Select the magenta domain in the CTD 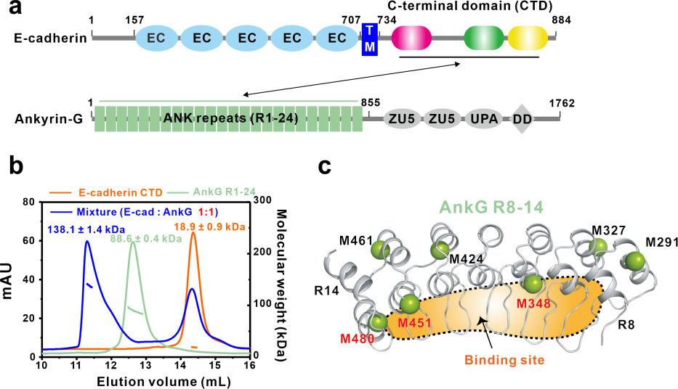pos(411,38)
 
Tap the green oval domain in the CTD pos(484,38)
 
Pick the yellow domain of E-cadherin pos(528,38)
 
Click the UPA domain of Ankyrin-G pos(484,118)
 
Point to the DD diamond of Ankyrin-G pos(522,119)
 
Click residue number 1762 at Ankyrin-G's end pos(562,104)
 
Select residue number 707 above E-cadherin pos(351,20)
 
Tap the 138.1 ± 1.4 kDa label pos(86,229)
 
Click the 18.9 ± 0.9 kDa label pos(209,226)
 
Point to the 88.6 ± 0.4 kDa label pos(146,238)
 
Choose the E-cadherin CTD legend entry pos(106,192)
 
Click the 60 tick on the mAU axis pos(29,240)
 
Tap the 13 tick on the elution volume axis pos(146,365)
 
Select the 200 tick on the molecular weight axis pos(262,252)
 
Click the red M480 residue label pos(357,338)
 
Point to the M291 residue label pos(661,242)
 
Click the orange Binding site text pos(504,360)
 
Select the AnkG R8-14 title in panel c pos(491,208)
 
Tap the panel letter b pos(16,165)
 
